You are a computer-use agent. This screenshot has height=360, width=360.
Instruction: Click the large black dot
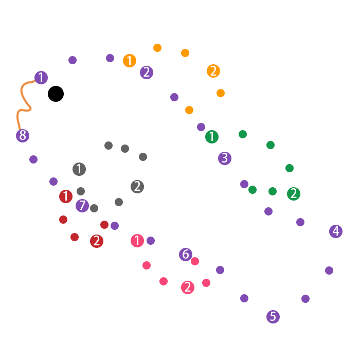56,94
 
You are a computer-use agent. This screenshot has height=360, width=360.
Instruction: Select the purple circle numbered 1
41,78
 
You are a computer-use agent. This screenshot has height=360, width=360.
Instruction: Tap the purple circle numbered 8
22,136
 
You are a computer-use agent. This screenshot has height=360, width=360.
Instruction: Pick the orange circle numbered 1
130,61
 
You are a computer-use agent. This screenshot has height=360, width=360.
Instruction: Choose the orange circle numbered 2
213,71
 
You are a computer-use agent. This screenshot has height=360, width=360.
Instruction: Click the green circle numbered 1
211,137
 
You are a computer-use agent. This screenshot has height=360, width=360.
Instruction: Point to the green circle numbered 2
294,194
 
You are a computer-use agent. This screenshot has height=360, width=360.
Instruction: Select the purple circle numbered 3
225,158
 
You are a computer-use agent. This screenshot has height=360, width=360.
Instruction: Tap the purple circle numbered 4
336,231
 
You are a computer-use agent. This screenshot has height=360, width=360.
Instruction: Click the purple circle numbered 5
273,317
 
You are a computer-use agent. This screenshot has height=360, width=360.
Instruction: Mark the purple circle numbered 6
186,255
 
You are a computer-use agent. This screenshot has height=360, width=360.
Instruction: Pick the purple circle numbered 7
82,206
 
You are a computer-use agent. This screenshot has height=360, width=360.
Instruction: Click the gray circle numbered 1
79,169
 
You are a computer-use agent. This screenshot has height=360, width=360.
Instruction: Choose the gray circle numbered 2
137,187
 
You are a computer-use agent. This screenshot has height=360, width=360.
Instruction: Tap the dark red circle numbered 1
66,196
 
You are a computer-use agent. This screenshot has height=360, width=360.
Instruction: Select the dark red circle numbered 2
97,241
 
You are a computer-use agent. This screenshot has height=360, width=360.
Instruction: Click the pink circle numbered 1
137,241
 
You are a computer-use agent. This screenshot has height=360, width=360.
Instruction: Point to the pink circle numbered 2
188,287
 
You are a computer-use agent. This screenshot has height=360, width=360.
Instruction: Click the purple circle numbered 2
147,73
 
